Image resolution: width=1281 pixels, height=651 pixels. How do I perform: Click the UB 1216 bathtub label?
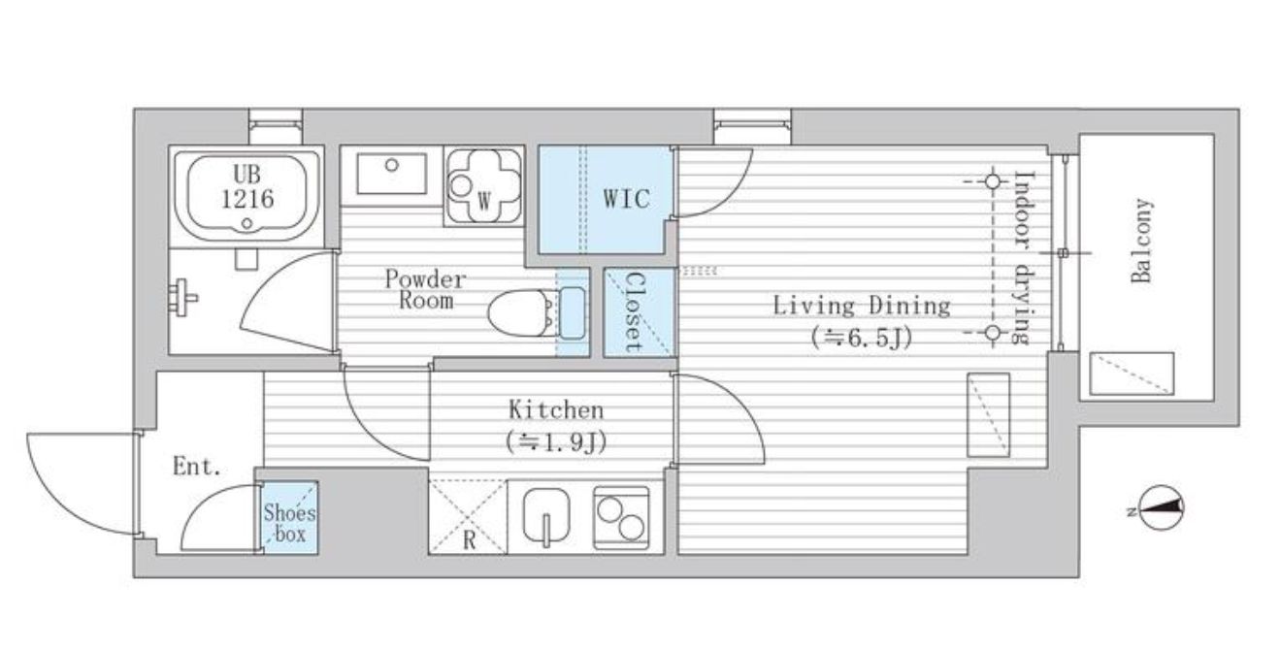247,186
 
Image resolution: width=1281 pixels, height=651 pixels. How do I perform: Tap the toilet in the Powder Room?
537,310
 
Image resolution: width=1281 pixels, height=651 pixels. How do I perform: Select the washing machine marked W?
484,186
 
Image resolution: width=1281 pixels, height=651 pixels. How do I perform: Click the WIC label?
626,198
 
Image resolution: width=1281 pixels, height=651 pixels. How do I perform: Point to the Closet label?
634,312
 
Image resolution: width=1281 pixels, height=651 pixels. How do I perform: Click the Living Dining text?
862,306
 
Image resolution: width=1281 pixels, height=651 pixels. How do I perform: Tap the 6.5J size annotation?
861,338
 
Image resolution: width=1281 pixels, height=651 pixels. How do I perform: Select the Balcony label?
1142,241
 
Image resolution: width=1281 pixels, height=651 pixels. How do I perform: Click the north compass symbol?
1158,507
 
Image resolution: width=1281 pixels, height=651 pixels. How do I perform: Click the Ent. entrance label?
197,467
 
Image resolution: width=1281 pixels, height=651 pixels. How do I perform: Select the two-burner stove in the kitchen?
621,518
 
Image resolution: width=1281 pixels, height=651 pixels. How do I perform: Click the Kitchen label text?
556,409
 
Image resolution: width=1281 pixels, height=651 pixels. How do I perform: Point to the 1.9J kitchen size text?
556,441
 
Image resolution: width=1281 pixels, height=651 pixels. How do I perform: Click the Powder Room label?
425,290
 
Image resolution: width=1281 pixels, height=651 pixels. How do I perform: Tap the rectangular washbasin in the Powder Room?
391,174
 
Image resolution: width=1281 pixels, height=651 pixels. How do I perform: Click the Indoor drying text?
1023,258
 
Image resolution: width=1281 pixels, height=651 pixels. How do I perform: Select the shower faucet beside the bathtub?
183,297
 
